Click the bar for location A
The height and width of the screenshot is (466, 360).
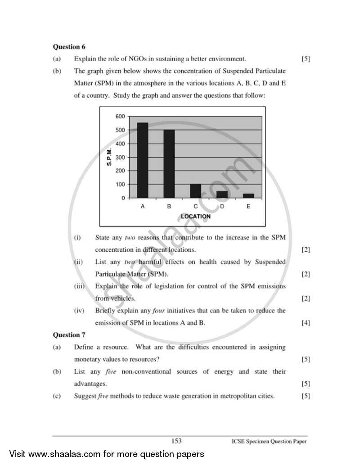coord(143,160)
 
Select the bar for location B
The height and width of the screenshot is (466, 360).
coord(169,164)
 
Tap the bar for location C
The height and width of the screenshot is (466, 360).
coord(195,191)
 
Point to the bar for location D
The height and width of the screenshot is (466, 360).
coord(222,195)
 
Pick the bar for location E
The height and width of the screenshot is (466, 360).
coord(248,196)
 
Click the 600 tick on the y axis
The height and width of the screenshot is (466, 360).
coord(120,116)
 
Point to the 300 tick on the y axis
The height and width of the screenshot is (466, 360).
coord(120,157)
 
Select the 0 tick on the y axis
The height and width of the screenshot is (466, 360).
coord(123,198)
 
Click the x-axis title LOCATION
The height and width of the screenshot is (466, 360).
coord(195,217)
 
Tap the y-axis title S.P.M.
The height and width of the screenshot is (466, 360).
coord(109,157)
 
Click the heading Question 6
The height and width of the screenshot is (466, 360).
coord(69,47)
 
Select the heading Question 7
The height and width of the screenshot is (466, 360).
coord(69,335)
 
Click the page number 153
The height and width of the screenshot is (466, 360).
coord(176,441)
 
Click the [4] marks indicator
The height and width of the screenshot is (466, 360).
coord(306,323)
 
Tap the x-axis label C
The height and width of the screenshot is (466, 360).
coord(195,206)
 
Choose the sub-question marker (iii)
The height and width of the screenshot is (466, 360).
coord(79,286)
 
